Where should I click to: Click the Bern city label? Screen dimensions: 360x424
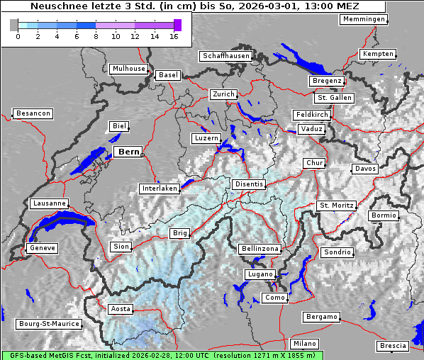point(128,152)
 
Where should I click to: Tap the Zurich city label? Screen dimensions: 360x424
point(223,94)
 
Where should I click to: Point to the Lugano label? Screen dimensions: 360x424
point(260,274)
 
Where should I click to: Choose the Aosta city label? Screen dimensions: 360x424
point(121,309)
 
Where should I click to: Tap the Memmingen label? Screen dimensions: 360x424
point(364,19)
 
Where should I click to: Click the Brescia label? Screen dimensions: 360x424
point(393,346)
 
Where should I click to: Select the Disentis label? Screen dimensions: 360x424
point(249,184)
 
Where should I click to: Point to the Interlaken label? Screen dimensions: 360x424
point(159,189)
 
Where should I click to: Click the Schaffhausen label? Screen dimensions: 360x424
point(225,55)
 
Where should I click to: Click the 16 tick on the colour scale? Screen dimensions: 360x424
point(174,37)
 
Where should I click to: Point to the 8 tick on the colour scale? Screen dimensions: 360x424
point(96,37)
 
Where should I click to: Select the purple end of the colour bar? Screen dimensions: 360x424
point(177,25)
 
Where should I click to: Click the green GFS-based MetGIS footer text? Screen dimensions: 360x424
point(162,355)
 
